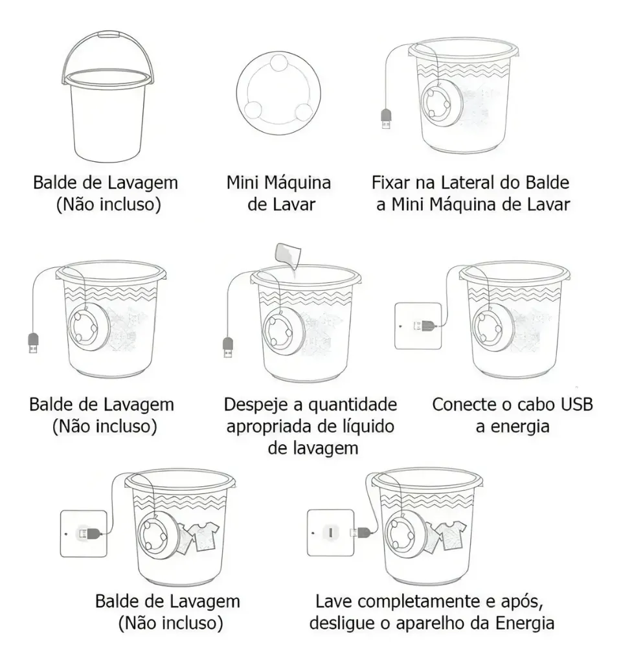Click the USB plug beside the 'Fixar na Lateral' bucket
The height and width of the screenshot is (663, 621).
[x=386, y=119]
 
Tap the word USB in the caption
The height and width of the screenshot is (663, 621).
[x=576, y=404]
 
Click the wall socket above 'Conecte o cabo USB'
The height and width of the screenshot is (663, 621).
[x=418, y=326]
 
